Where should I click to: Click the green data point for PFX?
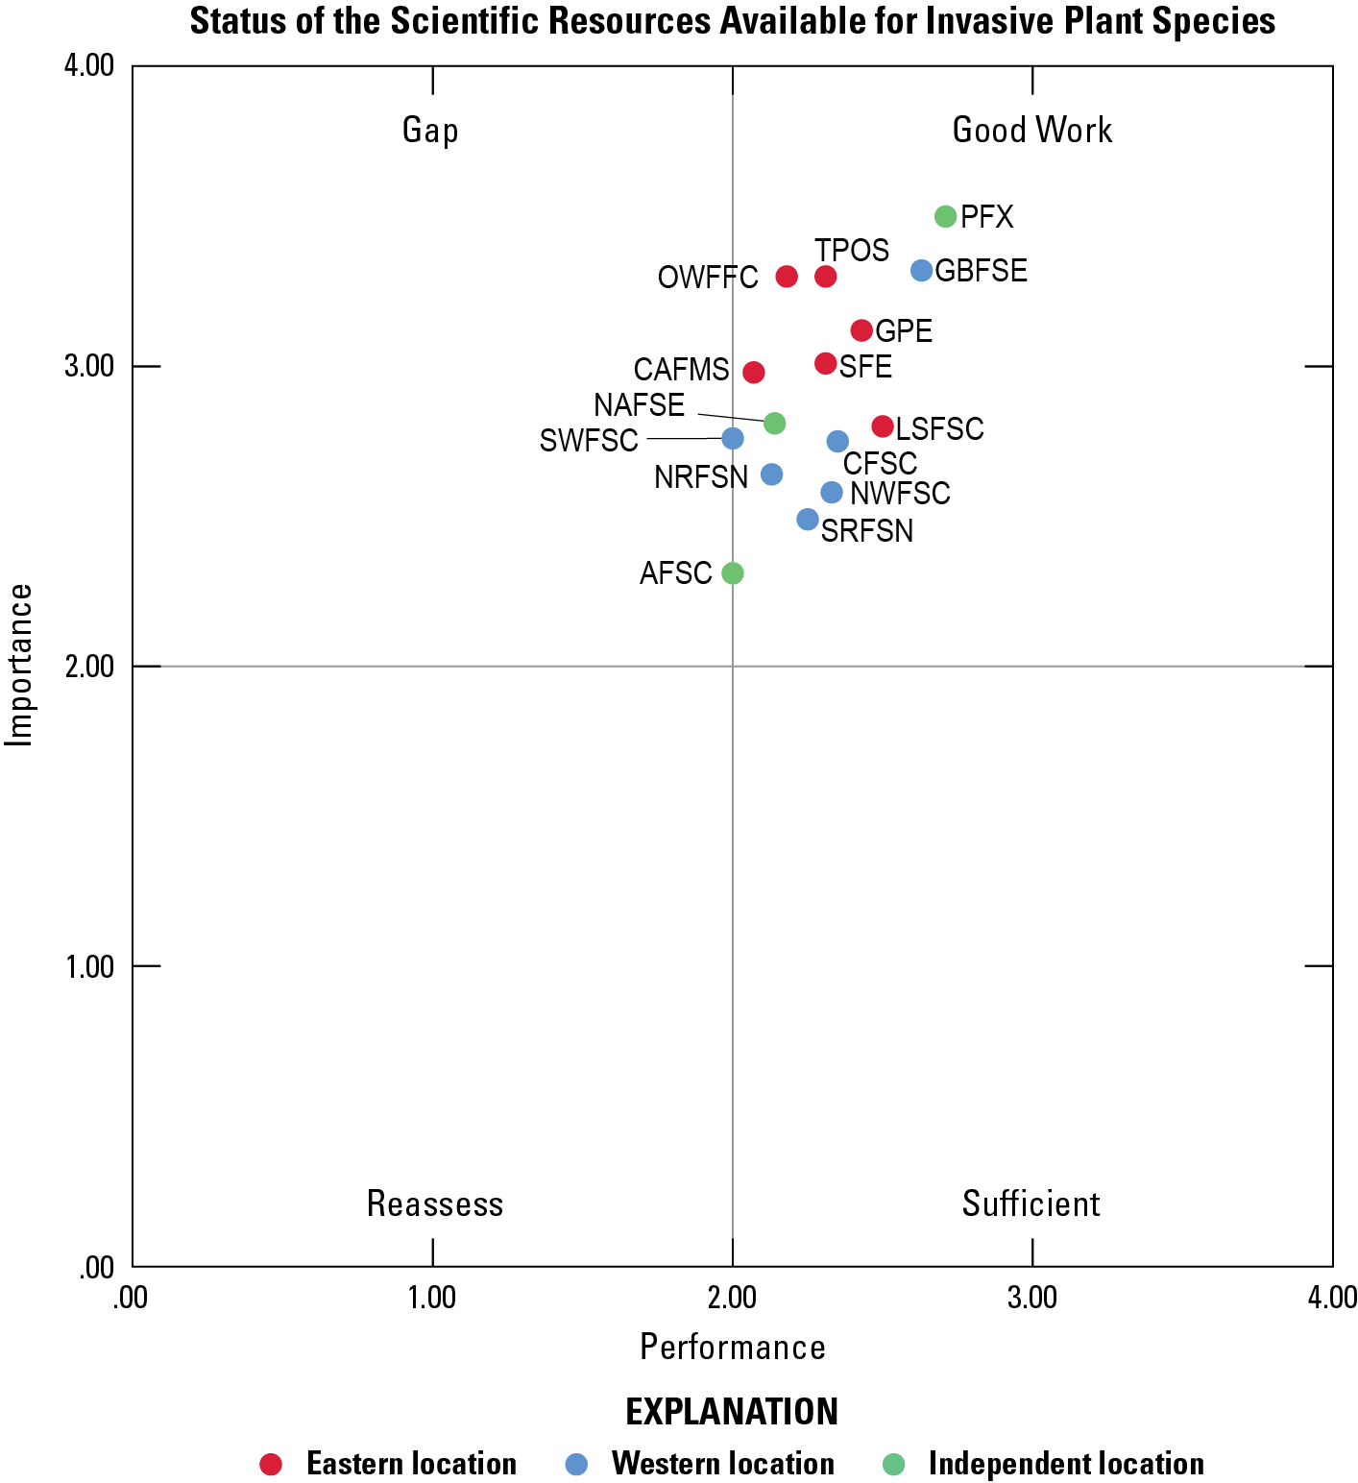click(x=945, y=216)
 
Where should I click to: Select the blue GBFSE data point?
click(x=922, y=271)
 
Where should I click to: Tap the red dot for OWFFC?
click(x=787, y=277)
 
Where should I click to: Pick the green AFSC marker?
click(x=733, y=573)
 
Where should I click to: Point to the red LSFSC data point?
click(x=883, y=426)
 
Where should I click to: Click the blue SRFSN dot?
click(x=808, y=520)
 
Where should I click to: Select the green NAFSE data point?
click(x=774, y=424)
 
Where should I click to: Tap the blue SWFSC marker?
click(x=733, y=439)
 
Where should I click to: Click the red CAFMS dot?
click(x=754, y=372)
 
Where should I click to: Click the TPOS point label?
click(x=852, y=251)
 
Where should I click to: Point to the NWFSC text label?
click(x=900, y=494)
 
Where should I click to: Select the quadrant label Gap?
click(x=430, y=131)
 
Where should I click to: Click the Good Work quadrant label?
click(x=1031, y=131)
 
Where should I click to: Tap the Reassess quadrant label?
click(x=435, y=1203)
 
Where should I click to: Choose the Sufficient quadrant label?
click(x=1031, y=1203)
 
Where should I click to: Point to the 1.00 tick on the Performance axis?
click(x=432, y=1298)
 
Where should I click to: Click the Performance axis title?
click(x=733, y=1348)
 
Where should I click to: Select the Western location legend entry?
click(x=722, y=1464)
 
